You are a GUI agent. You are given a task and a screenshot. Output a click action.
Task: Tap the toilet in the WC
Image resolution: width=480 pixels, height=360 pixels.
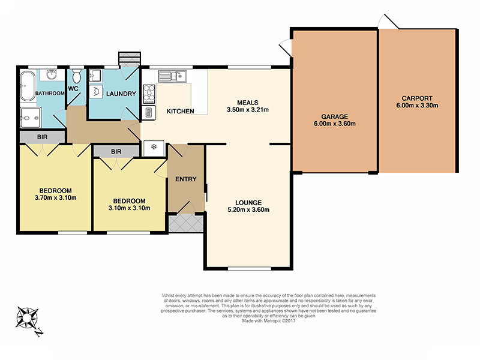pos(76,77)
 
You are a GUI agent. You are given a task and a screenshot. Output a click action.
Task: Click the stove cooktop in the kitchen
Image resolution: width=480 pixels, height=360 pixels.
pos(148,94)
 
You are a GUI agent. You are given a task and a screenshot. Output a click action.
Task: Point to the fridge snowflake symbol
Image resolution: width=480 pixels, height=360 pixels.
pos(154,146)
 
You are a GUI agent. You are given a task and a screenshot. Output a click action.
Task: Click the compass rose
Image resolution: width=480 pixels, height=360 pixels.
pos(29,316)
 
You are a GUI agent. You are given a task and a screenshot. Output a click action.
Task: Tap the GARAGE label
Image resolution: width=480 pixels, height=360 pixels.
pos(334,117)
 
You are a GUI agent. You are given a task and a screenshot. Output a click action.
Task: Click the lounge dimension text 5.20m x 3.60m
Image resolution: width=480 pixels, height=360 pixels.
pos(248,210)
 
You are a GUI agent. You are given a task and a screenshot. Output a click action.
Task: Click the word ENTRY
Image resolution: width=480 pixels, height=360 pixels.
pos(185,179)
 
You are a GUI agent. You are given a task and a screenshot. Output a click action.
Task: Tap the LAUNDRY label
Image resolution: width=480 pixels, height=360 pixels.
pos(121,94)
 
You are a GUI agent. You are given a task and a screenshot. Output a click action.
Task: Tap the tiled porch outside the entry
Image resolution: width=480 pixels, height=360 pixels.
pos(186,223)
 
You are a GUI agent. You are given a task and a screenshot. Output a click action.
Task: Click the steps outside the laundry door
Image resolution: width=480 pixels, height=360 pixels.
pos(129,58)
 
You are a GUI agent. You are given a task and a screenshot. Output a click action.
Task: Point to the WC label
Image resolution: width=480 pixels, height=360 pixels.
pos(74,89)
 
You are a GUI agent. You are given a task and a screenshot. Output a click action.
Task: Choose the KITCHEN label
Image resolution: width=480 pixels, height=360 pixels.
pos(180,112)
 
